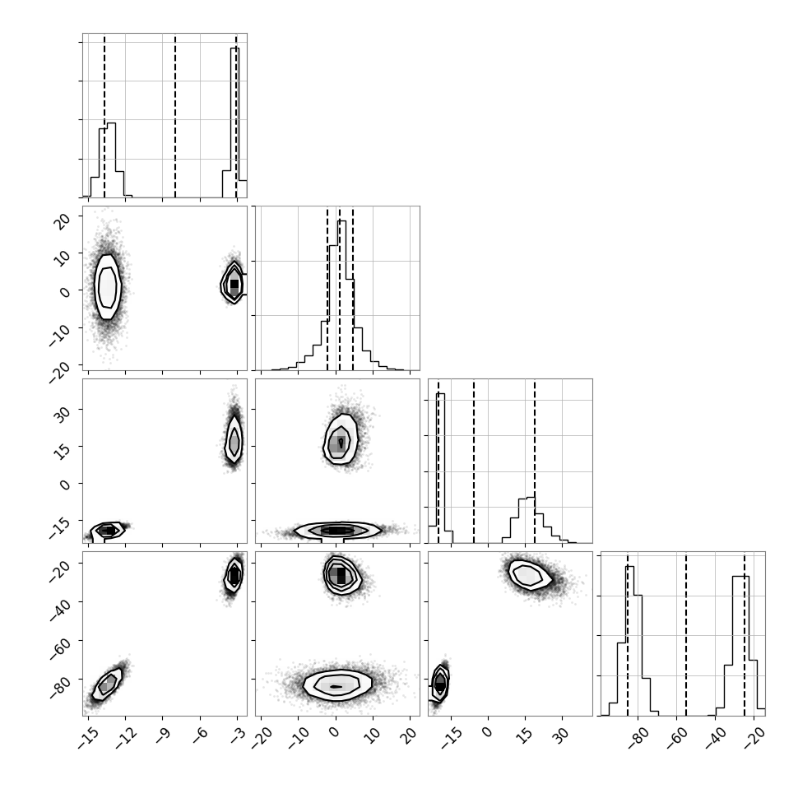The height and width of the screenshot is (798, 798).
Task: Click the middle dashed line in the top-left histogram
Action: [x=175, y=116]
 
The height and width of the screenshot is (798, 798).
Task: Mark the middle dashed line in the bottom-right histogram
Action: [x=686, y=634]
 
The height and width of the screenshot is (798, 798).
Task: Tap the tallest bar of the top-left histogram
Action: [x=234, y=122]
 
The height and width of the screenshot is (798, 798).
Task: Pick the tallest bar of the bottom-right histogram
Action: [x=629, y=641]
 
